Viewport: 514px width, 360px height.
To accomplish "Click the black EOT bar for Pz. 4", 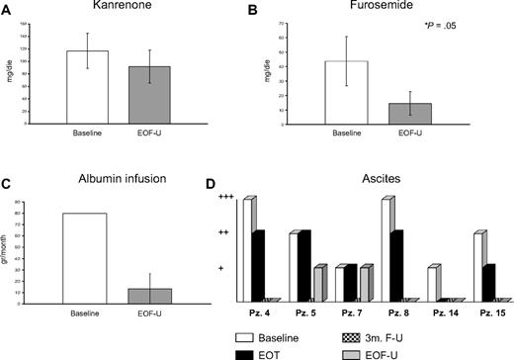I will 258,265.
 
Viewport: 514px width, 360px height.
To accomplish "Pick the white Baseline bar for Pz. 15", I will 478,267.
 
